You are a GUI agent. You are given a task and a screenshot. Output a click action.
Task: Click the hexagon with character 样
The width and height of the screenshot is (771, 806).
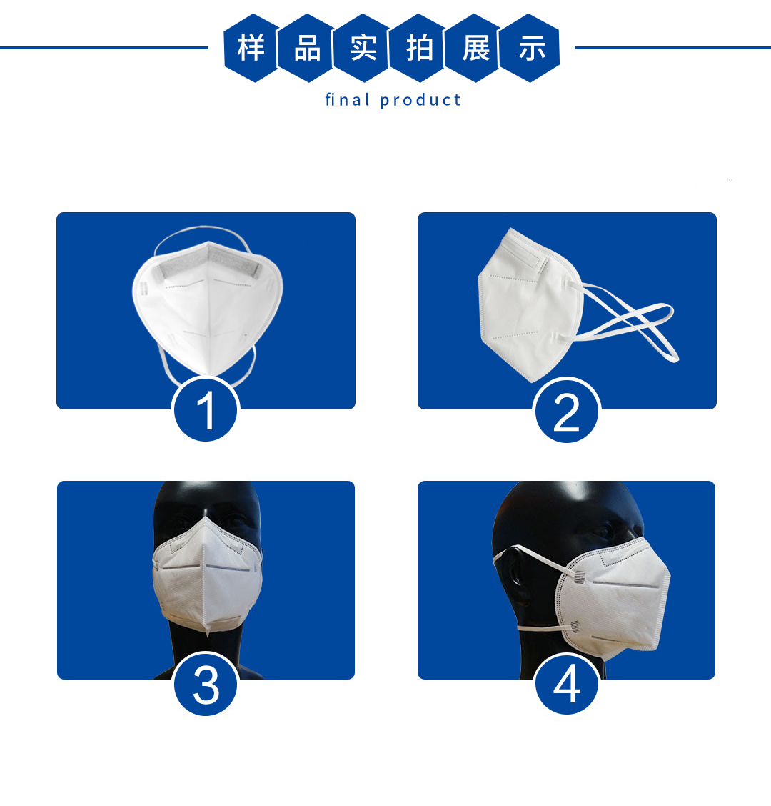tap(251, 49)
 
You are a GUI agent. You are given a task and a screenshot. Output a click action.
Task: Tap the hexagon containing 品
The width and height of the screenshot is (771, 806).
tap(307, 49)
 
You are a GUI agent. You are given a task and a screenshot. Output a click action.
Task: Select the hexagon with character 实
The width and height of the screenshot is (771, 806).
tap(363, 49)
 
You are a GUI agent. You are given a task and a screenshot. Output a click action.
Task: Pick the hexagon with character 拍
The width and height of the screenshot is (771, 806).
tap(419, 49)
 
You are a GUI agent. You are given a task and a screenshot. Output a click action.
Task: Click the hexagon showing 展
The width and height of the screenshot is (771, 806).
tap(475, 49)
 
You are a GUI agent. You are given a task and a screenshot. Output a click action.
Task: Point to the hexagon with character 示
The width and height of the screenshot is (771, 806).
tap(530, 49)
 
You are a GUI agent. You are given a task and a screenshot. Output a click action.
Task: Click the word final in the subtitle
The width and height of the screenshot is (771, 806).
tap(347, 99)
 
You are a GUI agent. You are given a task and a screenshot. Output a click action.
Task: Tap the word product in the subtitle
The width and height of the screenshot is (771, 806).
tap(420, 100)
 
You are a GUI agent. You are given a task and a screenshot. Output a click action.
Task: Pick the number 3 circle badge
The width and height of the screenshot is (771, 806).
tap(206, 684)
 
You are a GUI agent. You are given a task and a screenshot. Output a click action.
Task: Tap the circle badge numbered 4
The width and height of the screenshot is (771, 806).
tap(567, 684)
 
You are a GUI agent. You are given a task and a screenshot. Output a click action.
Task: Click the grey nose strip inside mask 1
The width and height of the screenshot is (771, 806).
tap(210, 262)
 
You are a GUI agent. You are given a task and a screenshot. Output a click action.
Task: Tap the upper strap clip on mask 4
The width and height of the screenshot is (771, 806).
tap(579, 577)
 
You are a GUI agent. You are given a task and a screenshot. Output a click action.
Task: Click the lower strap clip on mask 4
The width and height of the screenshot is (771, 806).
tap(575, 627)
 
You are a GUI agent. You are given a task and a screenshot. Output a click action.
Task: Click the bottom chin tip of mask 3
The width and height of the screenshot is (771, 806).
tap(208, 633)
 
